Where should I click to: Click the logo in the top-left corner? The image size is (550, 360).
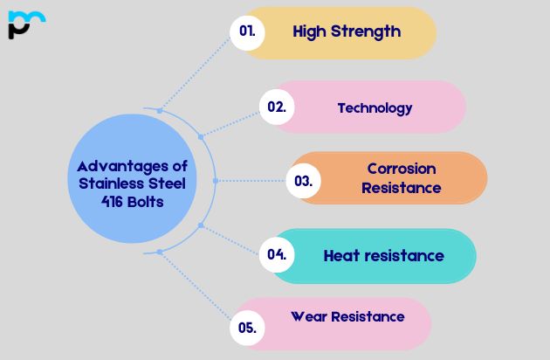(25, 24)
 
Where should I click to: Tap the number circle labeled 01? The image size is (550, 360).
(247, 31)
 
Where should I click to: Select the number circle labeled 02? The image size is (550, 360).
(277, 107)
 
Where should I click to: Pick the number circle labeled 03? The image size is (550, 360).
(304, 182)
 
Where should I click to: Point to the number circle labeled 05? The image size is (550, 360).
(247, 329)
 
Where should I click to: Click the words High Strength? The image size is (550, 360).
(347, 31)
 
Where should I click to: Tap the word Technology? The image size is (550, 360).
(375, 108)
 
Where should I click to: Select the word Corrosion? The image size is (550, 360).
(401, 169)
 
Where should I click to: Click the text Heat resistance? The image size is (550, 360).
(383, 256)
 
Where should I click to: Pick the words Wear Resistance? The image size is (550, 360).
(347, 316)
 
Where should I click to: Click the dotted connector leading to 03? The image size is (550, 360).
(253, 181)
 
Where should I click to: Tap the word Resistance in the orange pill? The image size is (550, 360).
(401, 188)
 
